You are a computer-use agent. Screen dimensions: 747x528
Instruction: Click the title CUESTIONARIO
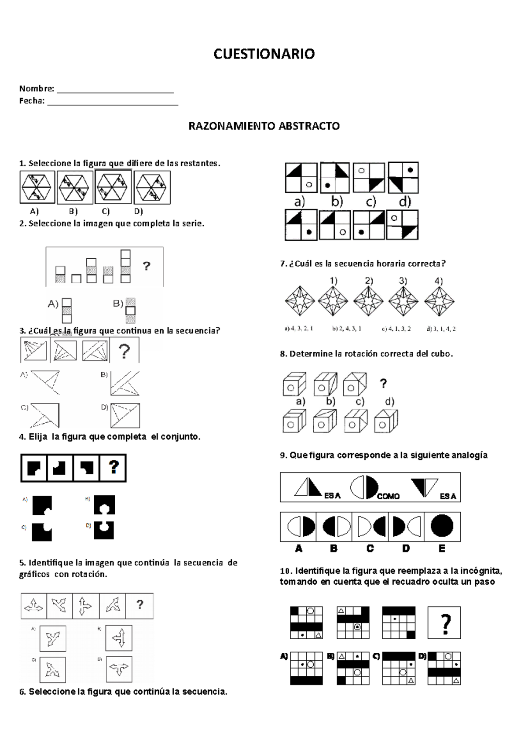pyautogui.click(x=264, y=54)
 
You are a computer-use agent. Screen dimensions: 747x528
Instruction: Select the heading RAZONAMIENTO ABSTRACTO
pyautogui.click(x=264, y=126)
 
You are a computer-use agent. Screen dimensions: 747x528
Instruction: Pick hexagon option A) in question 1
pyautogui.click(x=37, y=187)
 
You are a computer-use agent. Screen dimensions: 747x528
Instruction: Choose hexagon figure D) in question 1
pyautogui.click(x=152, y=187)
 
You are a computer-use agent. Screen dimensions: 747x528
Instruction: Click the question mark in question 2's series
pyautogui.click(x=147, y=266)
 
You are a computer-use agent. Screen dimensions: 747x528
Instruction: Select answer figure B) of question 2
pyautogui.click(x=130, y=310)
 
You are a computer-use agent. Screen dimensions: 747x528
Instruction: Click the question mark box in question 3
pyautogui.click(x=125, y=351)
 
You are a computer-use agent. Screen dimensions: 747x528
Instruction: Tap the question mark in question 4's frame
pyautogui.click(x=114, y=467)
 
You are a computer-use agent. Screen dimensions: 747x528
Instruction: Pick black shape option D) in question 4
pyautogui.click(x=104, y=530)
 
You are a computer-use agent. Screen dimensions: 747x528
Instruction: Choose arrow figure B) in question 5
pyautogui.click(x=119, y=638)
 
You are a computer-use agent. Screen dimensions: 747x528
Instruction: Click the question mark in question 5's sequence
pyautogui.click(x=140, y=605)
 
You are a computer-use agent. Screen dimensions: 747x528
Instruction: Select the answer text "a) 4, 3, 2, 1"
pyautogui.click(x=299, y=329)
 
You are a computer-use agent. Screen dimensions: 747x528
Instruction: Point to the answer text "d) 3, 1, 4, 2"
pyautogui.click(x=441, y=329)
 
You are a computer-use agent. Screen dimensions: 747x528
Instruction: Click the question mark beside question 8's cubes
pyautogui.click(x=383, y=384)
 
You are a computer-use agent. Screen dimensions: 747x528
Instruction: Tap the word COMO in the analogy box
pyautogui.click(x=388, y=496)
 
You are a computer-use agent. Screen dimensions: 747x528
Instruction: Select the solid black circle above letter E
pyautogui.click(x=442, y=526)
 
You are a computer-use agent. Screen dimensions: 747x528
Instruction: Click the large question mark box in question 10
pyautogui.click(x=444, y=623)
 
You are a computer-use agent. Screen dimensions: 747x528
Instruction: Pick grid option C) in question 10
pyautogui.click(x=399, y=668)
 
